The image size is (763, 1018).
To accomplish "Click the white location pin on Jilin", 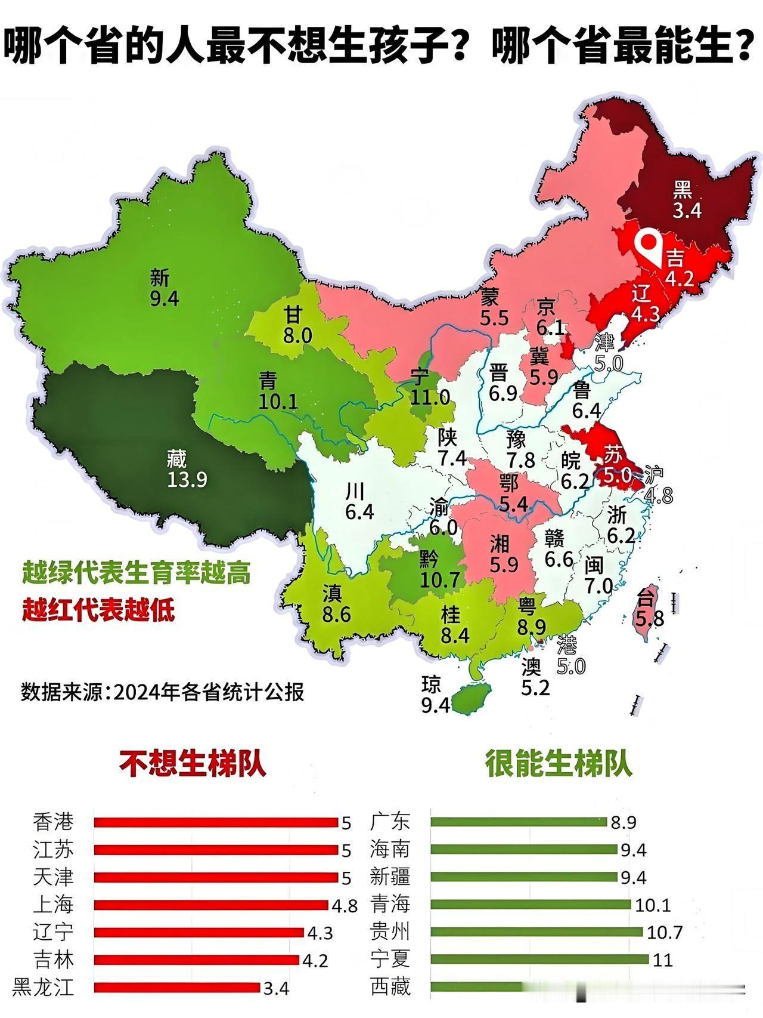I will click(x=649, y=246).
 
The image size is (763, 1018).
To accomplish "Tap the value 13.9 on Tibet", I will click(x=187, y=479).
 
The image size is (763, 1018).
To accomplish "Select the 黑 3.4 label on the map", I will click(x=687, y=199).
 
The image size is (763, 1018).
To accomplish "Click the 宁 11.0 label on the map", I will click(x=429, y=387).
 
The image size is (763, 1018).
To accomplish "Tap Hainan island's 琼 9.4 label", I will click(x=435, y=694).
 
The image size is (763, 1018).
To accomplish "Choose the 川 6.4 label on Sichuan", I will click(x=358, y=501).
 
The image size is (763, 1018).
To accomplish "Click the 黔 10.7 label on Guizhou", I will click(x=439, y=569).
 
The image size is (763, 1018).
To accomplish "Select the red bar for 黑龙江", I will click(x=177, y=988).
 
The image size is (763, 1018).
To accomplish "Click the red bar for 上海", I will click(x=211, y=905).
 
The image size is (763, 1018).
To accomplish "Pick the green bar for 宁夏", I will click(x=539, y=960).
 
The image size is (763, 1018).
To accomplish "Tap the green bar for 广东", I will click(x=518, y=822).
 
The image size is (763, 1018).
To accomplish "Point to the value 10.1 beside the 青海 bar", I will click(x=653, y=905).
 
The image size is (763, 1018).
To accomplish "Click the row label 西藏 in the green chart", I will click(x=390, y=987).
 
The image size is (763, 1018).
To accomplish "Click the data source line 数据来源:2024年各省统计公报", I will click(x=162, y=692).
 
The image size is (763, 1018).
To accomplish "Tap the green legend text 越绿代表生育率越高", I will click(x=136, y=573).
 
